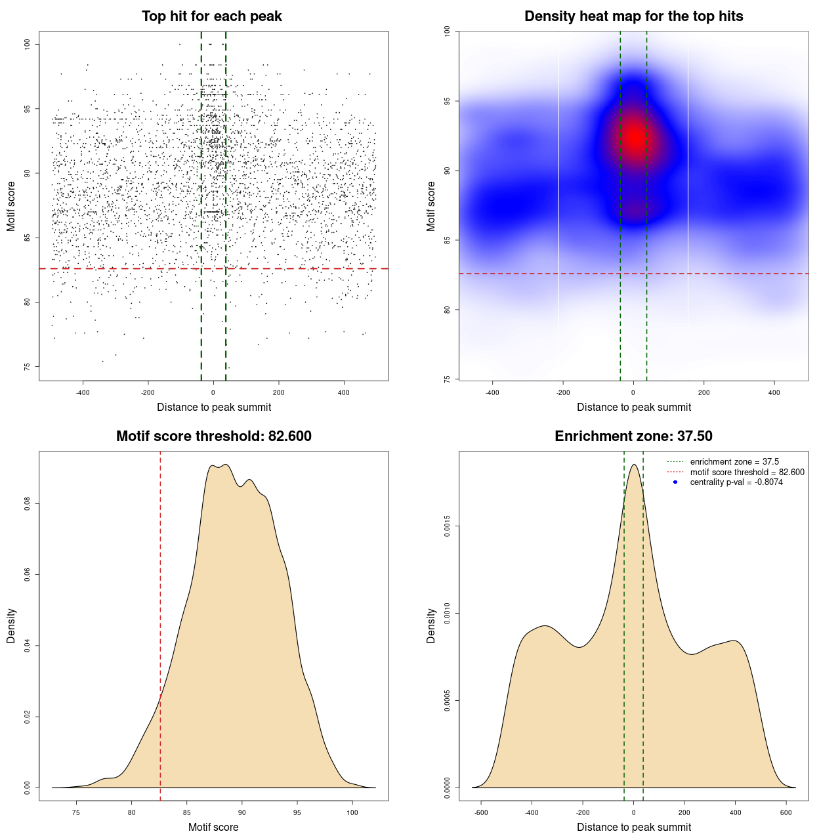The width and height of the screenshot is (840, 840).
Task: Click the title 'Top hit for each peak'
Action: coord(211,16)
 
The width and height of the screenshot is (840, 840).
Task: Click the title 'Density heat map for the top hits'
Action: coord(633,16)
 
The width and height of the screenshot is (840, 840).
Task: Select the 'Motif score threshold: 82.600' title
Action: coord(213,436)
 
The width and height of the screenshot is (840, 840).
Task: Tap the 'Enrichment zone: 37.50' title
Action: coord(633,436)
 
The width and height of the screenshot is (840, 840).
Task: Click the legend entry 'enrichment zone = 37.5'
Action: coord(734,462)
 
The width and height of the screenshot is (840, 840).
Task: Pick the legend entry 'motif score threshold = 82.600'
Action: coord(747,472)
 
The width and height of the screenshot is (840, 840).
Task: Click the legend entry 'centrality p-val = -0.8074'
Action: coord(736,482)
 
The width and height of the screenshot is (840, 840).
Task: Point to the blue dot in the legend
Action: coord(675,482)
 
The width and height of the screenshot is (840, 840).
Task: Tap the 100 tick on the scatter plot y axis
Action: coord(28,44)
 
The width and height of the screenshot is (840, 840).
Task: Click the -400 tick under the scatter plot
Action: coord(83,392)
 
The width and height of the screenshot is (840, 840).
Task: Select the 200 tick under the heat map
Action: coord(703,392)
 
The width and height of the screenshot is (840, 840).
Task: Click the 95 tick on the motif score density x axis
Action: coord(297,812)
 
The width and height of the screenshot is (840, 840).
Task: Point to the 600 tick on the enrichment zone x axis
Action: coord(786,812)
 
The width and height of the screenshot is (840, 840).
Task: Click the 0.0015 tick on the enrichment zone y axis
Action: coord(447,526)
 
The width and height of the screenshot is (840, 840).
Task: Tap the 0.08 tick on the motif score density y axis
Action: coord(28,504)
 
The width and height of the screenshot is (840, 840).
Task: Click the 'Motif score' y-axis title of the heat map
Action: coord(431,206)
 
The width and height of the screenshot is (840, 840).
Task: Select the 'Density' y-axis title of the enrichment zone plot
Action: coord(431,625)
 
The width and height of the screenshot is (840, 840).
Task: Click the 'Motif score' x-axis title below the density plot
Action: coord(213,827)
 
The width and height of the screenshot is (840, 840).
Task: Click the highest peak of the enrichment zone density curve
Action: coord(634,465)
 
